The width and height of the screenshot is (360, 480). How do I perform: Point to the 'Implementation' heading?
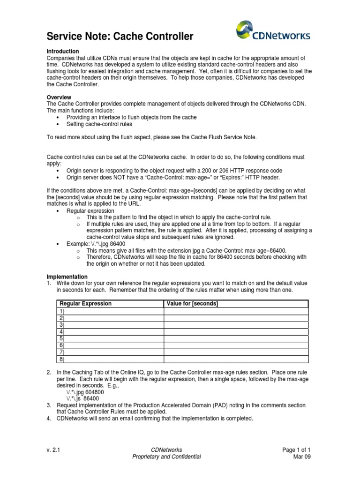click(x=67, y=277)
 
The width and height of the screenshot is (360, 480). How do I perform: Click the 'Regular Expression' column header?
click(x=86, y=304)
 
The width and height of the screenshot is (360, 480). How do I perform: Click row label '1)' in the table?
click(x=62, y=311)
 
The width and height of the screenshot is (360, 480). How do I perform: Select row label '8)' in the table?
click(x=62, y=359)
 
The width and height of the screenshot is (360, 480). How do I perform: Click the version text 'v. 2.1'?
click(x=53, y=450)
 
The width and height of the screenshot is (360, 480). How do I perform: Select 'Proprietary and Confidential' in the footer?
click(x=167, y=457)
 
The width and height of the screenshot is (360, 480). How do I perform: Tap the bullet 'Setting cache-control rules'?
click(x=99, y=124)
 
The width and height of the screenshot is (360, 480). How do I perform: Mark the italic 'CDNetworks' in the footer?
click(x=167, y=450)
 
